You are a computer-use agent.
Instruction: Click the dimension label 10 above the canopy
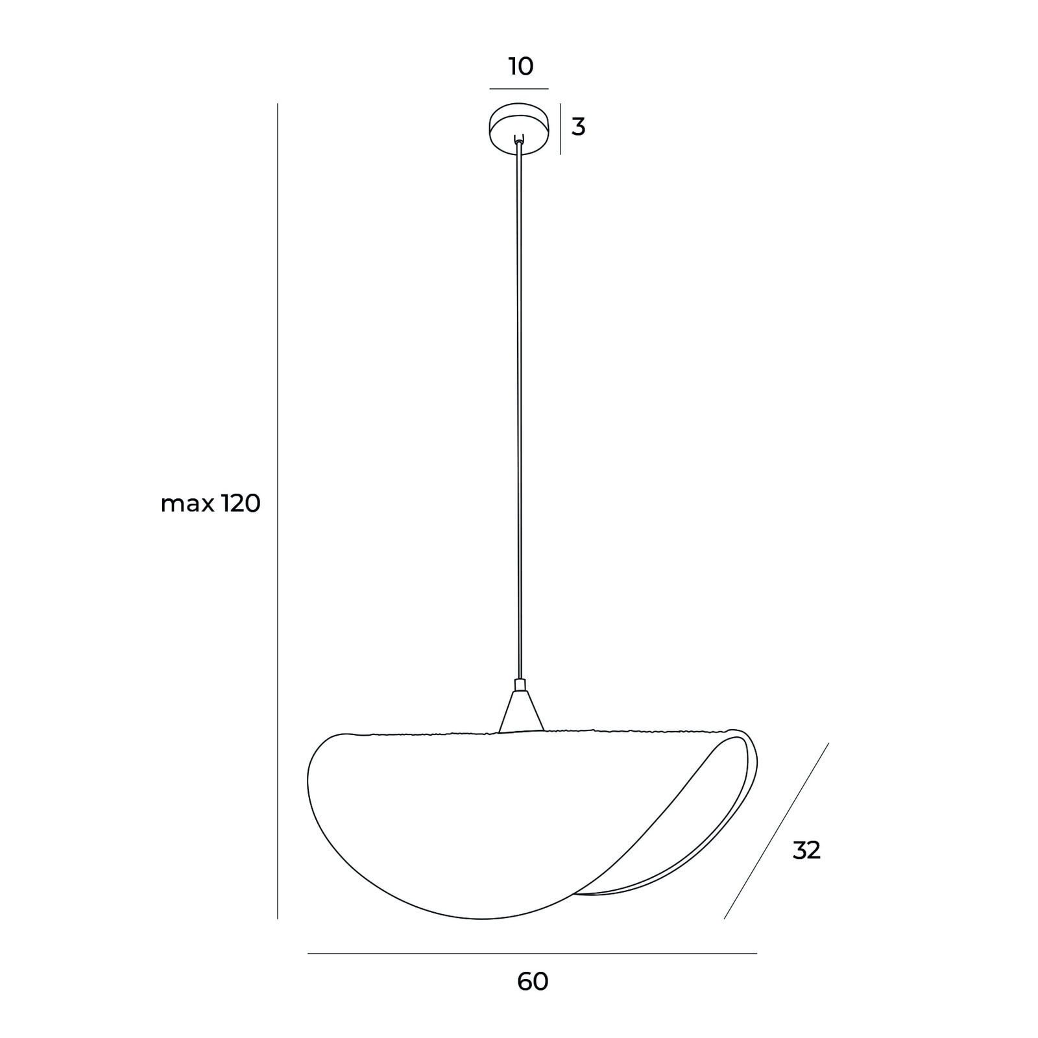[521, 66]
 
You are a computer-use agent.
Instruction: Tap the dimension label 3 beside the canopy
[578, 127]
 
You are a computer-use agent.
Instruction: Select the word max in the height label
[187, 503]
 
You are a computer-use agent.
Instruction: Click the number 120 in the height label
[241, 503]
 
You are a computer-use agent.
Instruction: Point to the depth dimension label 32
[806, 850]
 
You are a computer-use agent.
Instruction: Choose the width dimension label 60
[533, 982]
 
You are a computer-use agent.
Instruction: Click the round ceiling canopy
[518, 128]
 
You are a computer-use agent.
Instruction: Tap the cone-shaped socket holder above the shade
[520, 712]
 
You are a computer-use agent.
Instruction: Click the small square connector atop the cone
[520, 685]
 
